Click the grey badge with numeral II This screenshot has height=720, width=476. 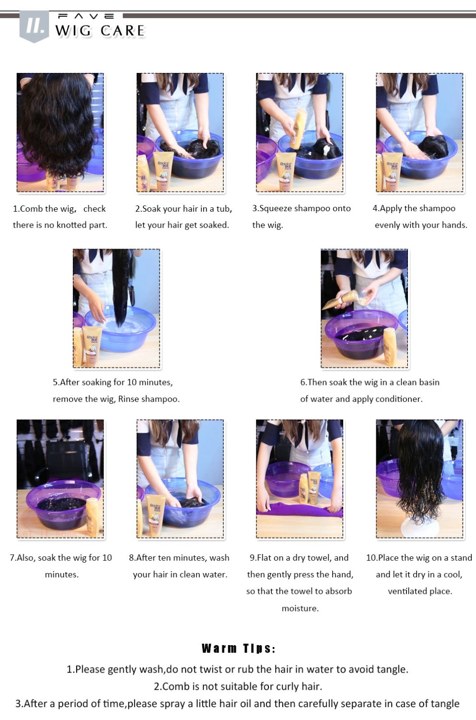click(34, 26)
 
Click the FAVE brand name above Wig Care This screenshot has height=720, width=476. click(86, 16)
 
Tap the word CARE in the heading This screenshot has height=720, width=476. click(122, 31)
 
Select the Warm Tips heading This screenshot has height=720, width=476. click(238, 648)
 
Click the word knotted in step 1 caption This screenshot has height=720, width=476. click(71, 225)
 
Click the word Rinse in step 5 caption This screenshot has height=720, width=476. click(129, 399)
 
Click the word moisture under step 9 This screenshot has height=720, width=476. click(300, 609)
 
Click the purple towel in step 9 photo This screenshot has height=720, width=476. click(299, 510)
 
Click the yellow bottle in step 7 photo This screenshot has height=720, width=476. click(93, 516)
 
